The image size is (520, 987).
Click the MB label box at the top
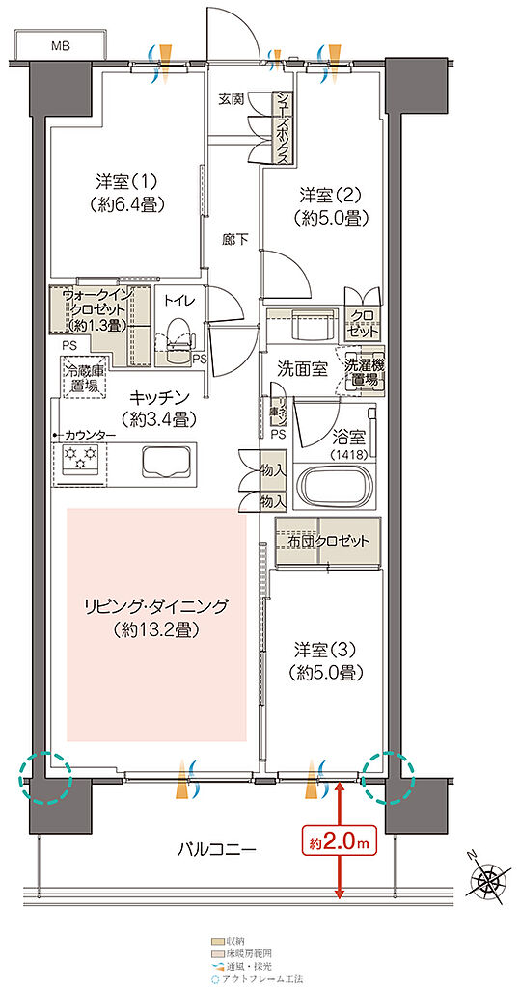[60, 45]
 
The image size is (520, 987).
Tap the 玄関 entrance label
[231, 98]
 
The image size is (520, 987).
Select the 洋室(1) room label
[126, 192]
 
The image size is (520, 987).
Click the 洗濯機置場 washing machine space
[365, 369]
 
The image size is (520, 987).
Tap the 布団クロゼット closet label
[328, 542]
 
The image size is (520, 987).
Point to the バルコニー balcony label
[216, 850]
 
